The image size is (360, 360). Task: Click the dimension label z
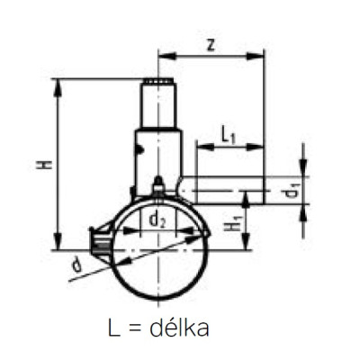click(211, 45)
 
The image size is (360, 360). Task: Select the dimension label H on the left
click(44, 165)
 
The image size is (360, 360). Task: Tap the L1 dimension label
click(229, 135)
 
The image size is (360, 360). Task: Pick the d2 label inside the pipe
click(157, 220)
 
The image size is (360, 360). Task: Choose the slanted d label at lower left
click(77, 265)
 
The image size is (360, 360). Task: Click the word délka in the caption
click(179, 328)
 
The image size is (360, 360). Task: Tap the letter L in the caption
click(113, 328)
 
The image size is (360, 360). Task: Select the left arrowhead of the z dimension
click(166, 56)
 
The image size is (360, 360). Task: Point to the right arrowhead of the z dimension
click(256, 56)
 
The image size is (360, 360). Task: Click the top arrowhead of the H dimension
click(58, 88)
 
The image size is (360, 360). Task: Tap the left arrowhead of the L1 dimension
click(205, 147)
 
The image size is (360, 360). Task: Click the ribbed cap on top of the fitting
click(158, 82)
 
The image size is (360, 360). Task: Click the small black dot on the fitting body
click(141, 149)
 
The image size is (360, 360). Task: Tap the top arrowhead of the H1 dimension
click(246, 199)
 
